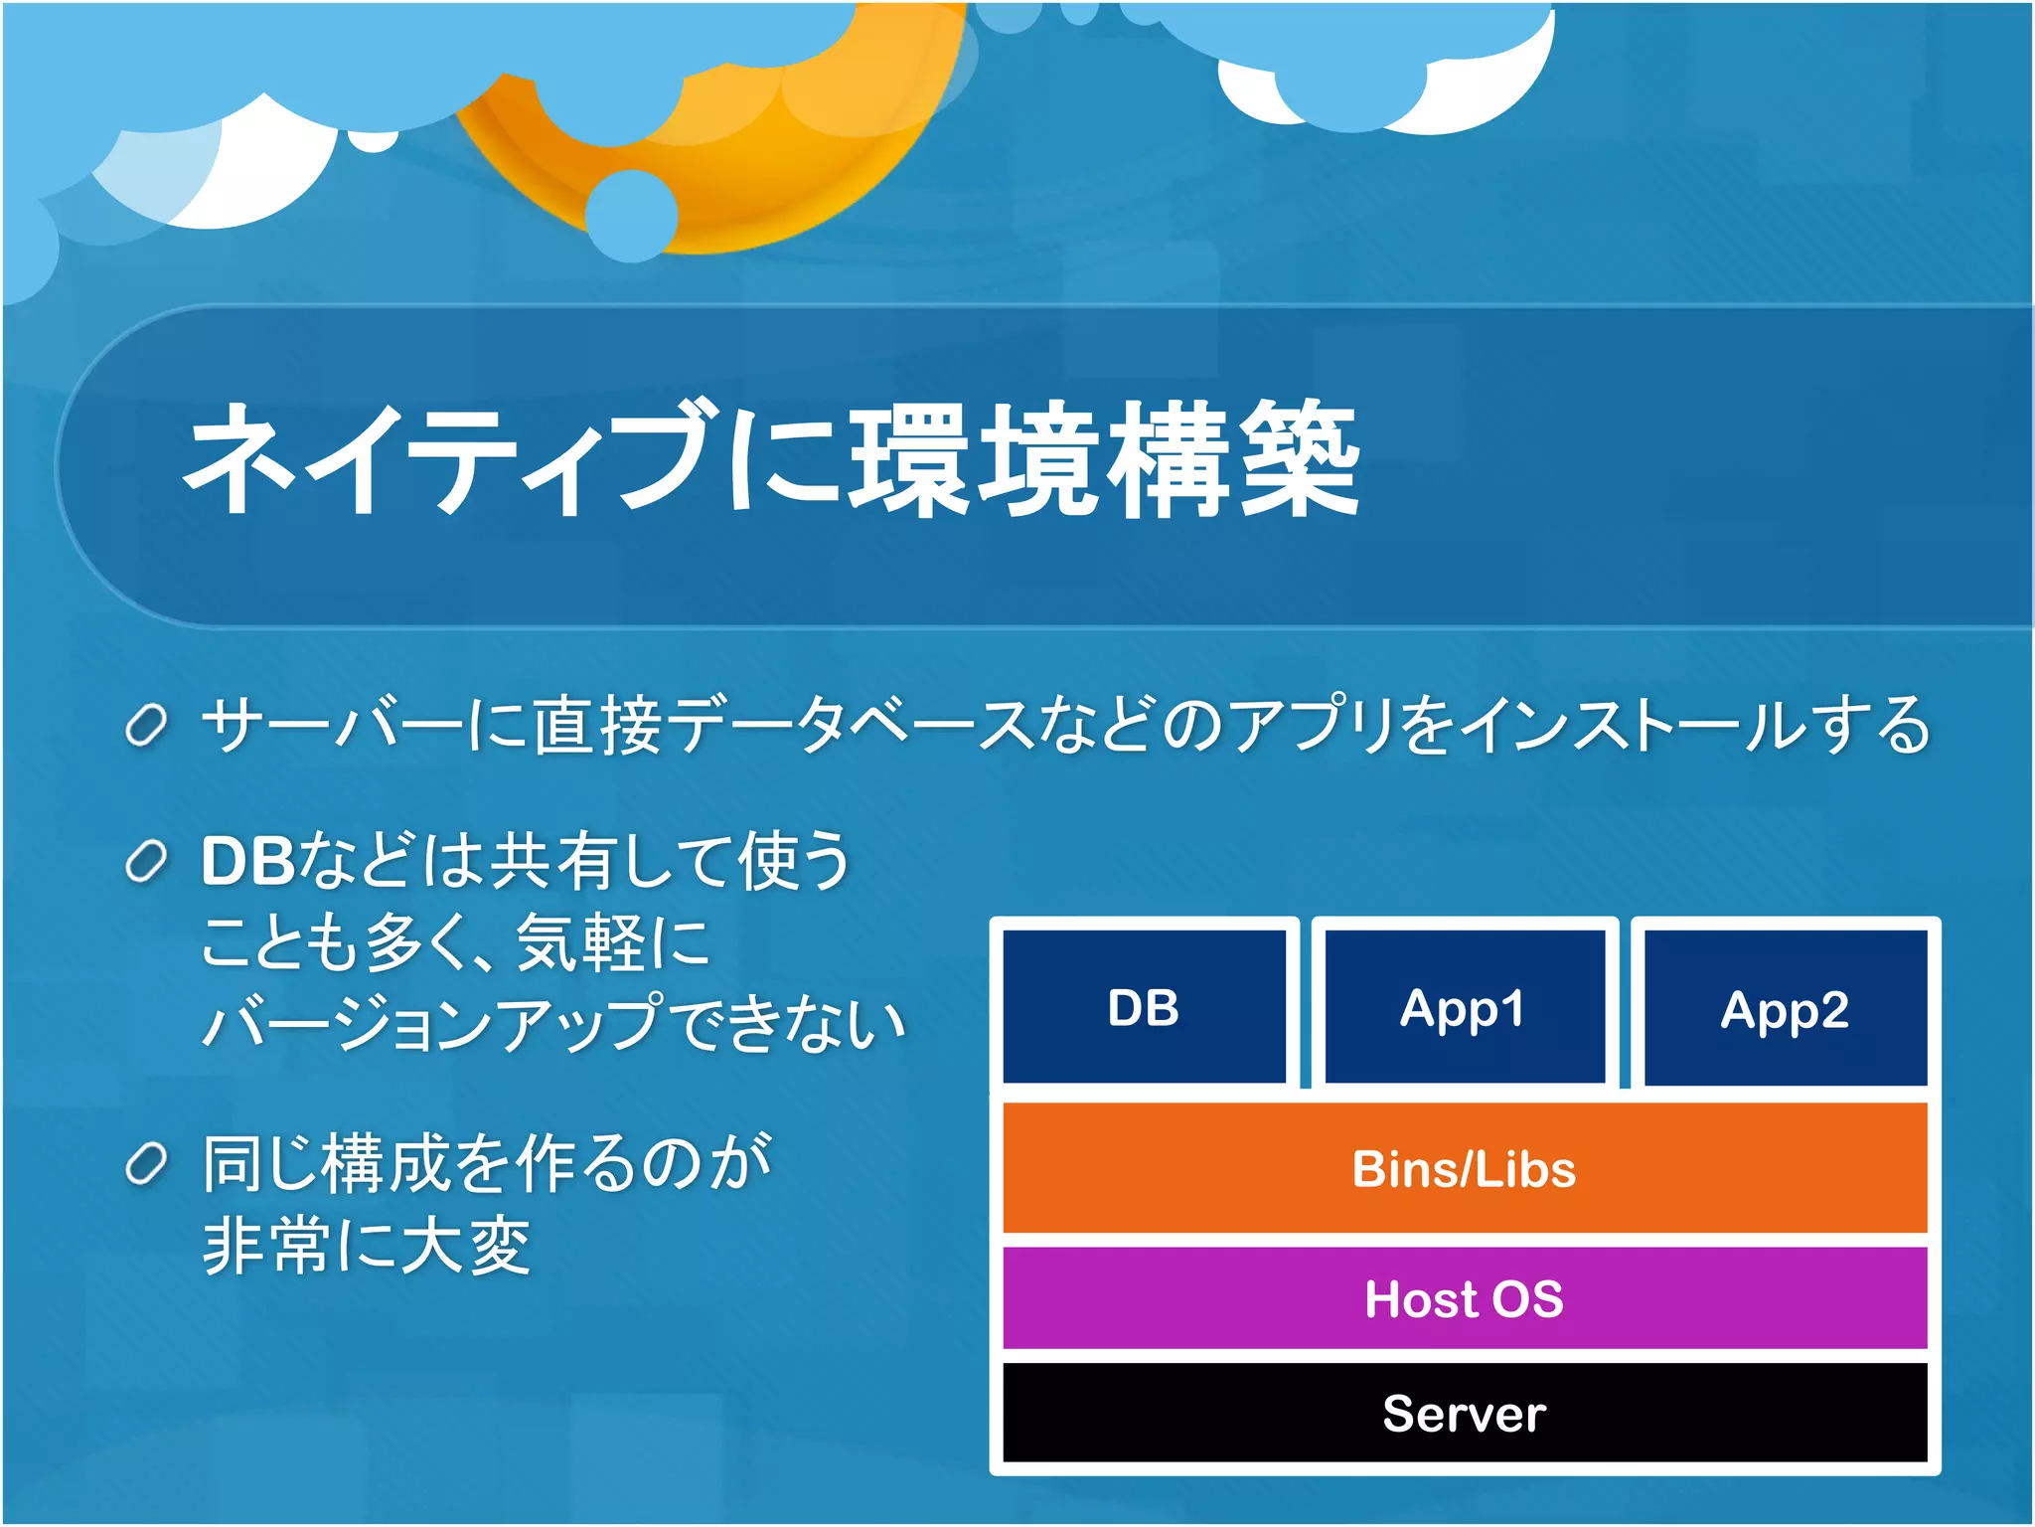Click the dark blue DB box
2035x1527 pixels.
(1144, 1006)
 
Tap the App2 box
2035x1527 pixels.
(1786, 1008)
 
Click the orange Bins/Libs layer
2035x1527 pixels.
(1465, 1168)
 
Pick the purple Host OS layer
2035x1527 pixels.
(1465, 1298)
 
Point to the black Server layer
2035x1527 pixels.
(1465, 1413)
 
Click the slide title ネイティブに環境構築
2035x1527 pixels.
(770, 459)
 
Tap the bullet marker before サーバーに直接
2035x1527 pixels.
(146, 726)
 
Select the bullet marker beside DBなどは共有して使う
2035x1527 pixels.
(146, 862)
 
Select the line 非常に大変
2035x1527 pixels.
(366, 1247)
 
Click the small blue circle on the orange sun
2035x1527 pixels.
(632, 216)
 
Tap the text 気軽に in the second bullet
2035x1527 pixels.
(612, 942)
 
